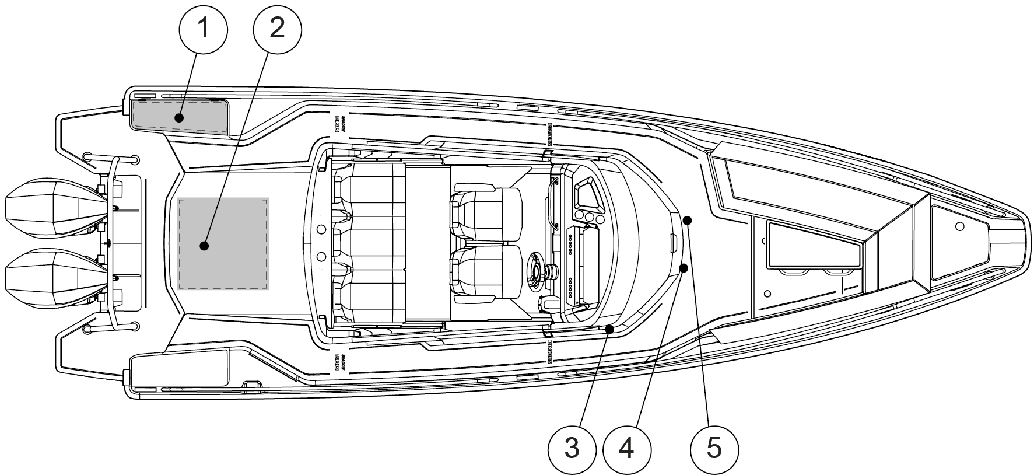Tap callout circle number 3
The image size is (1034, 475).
(x=572, y=449)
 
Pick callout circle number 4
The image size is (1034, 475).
(x=627, y=449)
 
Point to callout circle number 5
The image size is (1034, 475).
(x=714, y=449)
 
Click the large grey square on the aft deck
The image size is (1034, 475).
(x=223, y=243)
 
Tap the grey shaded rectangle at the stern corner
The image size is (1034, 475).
(x=179, y=117)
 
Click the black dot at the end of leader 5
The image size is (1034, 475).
(x=688, y=221)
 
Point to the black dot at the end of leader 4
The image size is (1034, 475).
(x=684, y=268)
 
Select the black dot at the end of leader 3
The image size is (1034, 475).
(x=609, y=330)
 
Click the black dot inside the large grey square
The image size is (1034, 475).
(x=204, y=246)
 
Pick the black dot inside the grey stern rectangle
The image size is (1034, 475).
(x=180, y=118)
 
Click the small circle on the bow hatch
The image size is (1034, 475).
(x=960, y=225)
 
